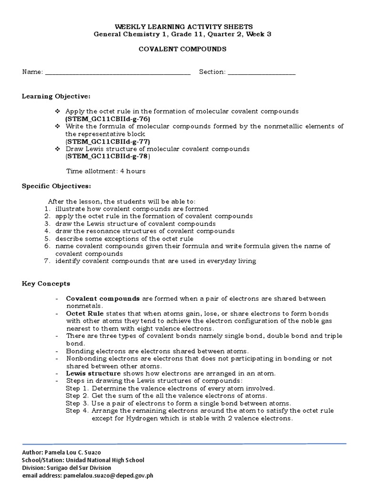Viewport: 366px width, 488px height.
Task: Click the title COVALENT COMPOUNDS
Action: pyautogui.click(x=183, y=49)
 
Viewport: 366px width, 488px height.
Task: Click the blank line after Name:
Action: pyautogui.click(x=117, y=72)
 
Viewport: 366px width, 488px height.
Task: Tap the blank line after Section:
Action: pyautogui.click(x=262, y=72)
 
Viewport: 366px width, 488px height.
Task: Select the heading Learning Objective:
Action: pyautogui.click(x=56, y=96)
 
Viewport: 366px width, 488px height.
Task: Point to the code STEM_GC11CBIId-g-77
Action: pyautogui.click(x=108, y=142)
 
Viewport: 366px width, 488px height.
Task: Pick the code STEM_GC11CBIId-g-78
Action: pyautogui.click(x=108, y=156)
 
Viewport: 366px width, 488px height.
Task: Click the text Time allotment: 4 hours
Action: pyautogui.click(x=105, y=171)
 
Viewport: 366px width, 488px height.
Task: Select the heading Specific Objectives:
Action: pyautogui.click(x=56, y=186)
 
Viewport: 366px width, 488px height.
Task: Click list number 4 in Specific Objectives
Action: pyautogui.click(x=47, y=231)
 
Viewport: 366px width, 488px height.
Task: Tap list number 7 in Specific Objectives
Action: pyautogui.click(x=47, y=261)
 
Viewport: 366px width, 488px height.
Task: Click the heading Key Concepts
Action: pyautogui.click(x=46, y=284)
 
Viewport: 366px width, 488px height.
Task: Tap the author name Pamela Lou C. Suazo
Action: pyautogui.click(x=79, y=452)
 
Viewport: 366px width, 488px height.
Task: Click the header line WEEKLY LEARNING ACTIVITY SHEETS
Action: pyautogui.click(x=183, y=27)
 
